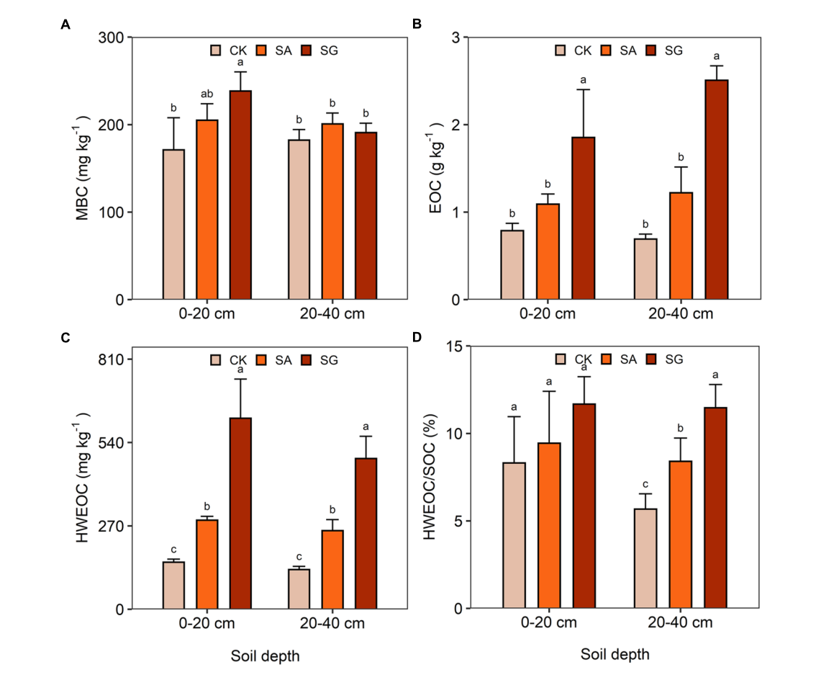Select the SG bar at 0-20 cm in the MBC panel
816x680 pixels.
(x=240, y=195)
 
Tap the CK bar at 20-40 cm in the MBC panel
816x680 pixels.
(x=299, y=220)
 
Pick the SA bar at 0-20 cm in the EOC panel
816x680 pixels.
(x=548, y=251)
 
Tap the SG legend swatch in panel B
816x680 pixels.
(x=652, y=50)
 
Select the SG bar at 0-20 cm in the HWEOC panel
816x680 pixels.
(x=240, y=514)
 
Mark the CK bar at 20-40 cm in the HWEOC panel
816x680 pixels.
(x=299, y=589)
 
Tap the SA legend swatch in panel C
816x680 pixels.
(x=262, y=359)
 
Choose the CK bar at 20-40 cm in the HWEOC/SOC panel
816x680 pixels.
(x=645, y=559)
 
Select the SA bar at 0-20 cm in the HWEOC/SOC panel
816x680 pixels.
(x=548, y=526)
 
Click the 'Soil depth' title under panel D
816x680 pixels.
(x=615, y=655)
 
